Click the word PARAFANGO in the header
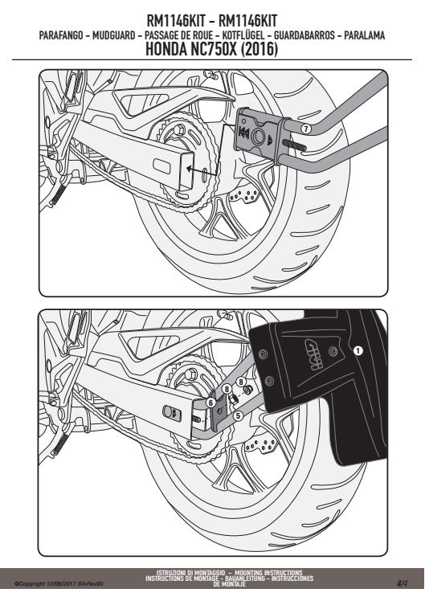point(61,35)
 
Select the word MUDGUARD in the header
point(114,35)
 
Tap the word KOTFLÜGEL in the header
point(243,35)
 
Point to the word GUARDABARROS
point(304,35)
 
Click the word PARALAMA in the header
point(365,35)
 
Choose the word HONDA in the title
point(166,50)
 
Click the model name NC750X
point(214,50)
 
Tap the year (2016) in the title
point(259,50)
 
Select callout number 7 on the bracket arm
point(305,129)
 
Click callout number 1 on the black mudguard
point(358,350)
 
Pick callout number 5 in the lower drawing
point(238,415)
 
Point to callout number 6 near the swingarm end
point(210,403)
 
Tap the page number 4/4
point(402,583)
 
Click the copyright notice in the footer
point(59,584)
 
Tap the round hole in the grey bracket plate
point(259,136)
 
